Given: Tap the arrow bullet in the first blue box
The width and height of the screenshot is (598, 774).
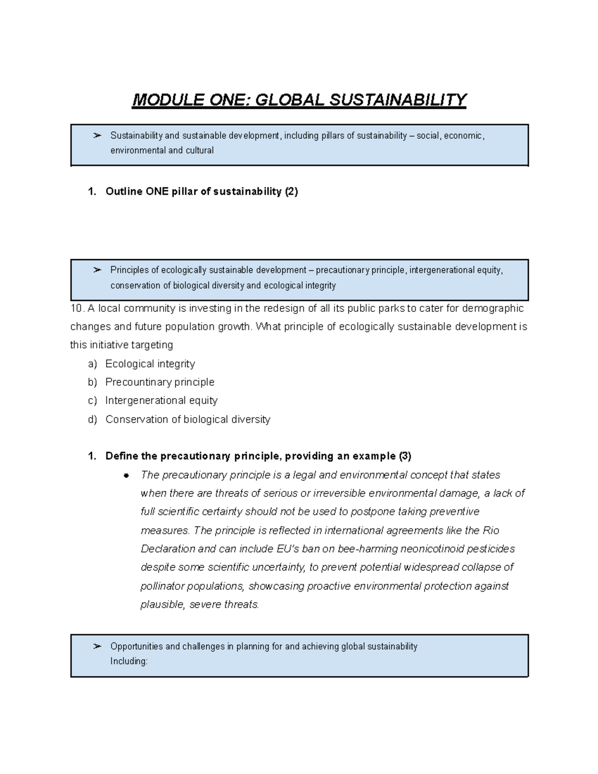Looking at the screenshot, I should point(98,136).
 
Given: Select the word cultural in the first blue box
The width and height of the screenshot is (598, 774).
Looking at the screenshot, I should point(199,151).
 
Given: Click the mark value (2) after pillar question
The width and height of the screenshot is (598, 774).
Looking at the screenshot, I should point(291,192).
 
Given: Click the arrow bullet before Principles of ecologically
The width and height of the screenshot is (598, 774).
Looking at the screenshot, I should point(98,270).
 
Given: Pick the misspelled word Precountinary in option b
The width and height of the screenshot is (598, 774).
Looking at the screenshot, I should point(131,382).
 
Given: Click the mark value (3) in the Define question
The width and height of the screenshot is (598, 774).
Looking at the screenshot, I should point(405,456).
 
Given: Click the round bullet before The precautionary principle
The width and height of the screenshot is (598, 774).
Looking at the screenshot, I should point(127,475).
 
